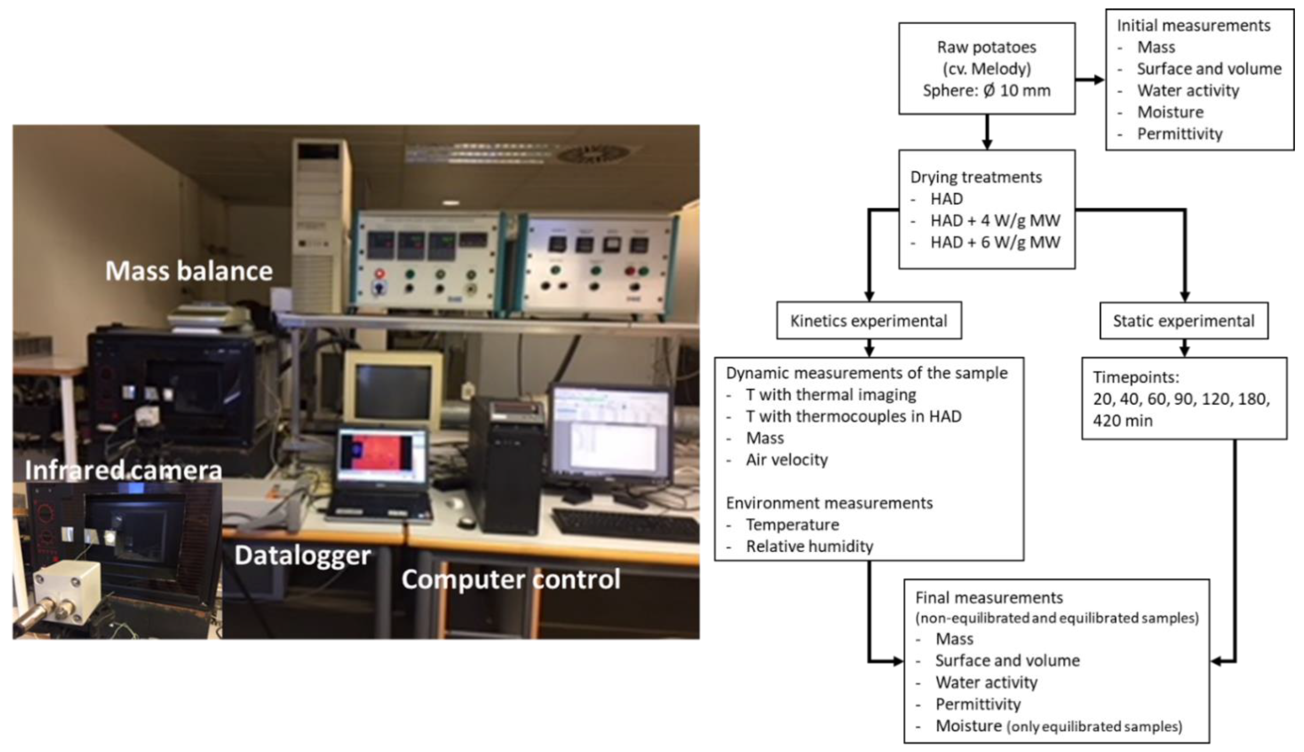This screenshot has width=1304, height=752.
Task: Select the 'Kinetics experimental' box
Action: [868, 321]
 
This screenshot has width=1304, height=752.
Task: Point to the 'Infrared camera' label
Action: [124, 470]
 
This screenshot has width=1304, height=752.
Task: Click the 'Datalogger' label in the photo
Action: [302, 556]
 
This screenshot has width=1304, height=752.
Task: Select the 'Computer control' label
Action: [511, 579]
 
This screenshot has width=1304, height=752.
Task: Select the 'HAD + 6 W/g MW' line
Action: [995, 242]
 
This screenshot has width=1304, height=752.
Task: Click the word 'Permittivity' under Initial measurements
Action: [1179, 134]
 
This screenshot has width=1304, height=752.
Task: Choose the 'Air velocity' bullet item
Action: [786, 460]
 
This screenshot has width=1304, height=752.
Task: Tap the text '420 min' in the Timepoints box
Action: [1122, 420]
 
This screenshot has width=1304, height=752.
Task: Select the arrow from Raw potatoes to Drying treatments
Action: [987, 132]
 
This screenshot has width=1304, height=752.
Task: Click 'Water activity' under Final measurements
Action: [986, 682]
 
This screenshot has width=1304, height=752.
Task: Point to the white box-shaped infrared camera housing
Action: [67, 589]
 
